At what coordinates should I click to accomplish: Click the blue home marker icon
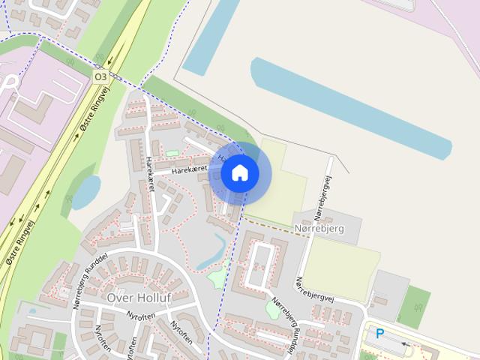tap(240, 173)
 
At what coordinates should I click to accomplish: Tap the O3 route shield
tap(100, 76)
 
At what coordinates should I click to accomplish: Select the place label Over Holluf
tap(139, 298)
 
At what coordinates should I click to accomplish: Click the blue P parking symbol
tap(380, 334)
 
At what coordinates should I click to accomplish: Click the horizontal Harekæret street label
tap(188, 170)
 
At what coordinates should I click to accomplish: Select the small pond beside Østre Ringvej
tap(85, 191)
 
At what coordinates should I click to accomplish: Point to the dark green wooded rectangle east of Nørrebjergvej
tap(414, 306)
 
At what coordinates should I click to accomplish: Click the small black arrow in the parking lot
tap(405, 345)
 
